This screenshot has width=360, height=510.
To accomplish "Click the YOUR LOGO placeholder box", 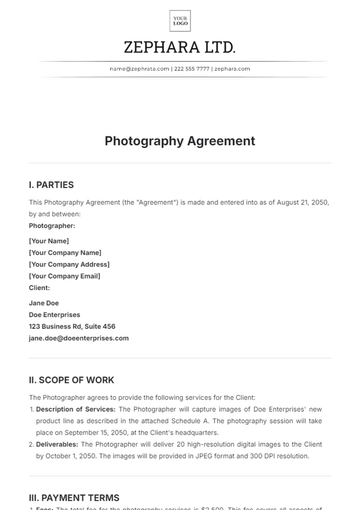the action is coord(180,21).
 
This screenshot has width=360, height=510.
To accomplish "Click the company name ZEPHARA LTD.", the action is coord(180,47).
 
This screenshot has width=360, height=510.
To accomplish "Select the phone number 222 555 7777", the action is coord(192,69).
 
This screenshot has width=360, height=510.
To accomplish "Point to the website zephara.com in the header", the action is coord(232,69).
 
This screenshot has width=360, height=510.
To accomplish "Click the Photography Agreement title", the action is coord(180,141).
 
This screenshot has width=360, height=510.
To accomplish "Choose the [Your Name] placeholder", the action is coord(49,241).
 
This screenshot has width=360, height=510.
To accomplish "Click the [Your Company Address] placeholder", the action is coord(69,264).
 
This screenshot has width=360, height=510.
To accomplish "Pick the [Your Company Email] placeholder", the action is coord(65,276).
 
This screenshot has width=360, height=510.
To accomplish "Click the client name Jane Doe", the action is coord(45,303).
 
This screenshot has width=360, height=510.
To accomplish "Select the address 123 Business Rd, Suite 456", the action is coord(72,326).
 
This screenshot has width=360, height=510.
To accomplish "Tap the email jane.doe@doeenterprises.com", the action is coord(79,338).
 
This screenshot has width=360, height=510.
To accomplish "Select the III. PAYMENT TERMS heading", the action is coord(74,497).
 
